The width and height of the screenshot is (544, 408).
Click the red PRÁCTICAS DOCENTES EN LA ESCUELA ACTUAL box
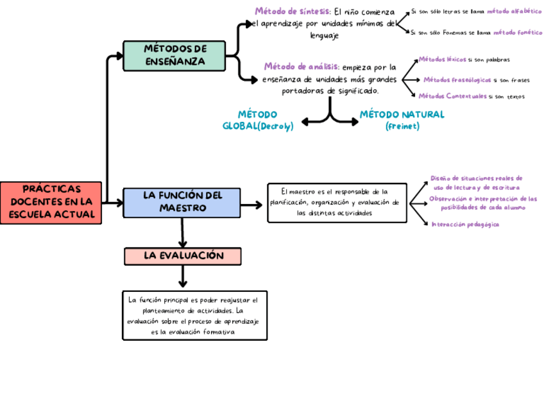[51, 203]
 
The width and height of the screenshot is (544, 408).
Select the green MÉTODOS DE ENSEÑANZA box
[174, 56]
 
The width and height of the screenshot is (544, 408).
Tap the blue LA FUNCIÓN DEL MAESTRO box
[182, 202]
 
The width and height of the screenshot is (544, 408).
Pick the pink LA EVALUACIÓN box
[183, 256]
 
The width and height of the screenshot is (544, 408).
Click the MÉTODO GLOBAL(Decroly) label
[257, 120]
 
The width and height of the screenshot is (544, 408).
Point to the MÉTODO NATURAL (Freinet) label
[402, 120]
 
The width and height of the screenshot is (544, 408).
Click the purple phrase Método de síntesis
[293, 11]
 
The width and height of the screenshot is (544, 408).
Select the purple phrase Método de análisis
[302, 66]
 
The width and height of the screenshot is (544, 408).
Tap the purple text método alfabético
[514, 12]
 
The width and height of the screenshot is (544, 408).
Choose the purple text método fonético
[517, 31]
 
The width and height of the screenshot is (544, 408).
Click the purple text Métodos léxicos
[442, 60]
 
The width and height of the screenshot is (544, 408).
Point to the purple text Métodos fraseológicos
[457, 80]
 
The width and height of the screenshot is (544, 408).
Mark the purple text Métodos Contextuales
[452, 96]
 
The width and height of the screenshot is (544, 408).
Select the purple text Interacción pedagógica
[466, 225]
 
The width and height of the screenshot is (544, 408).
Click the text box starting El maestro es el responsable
[337, 202]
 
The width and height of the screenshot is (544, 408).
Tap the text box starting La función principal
[194, 315]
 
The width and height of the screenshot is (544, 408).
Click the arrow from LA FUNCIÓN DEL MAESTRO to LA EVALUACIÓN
[183, 232]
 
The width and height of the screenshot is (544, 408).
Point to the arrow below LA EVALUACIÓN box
[183, 276]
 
